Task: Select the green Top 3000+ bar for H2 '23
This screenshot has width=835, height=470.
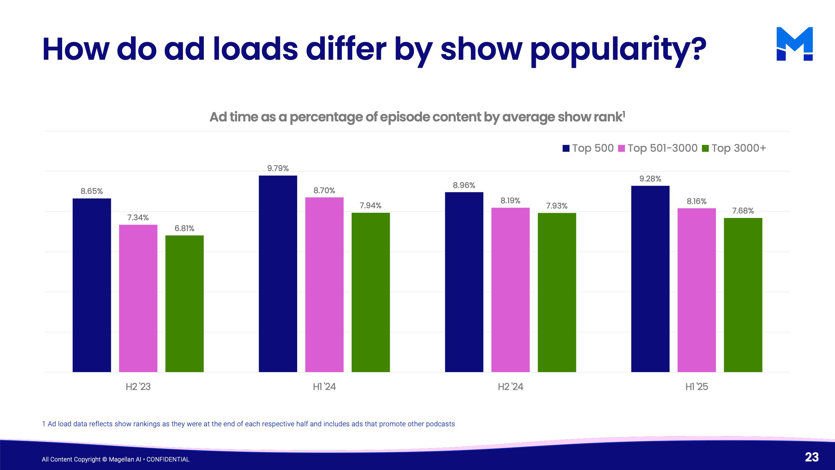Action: [184, 304]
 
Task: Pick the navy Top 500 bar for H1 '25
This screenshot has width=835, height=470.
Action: [650, 279]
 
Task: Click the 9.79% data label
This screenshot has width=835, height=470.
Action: [278, 168]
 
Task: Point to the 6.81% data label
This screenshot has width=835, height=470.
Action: [184, 228]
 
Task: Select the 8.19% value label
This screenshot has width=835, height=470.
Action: [510, 201]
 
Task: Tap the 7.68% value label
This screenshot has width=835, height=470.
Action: [743, 211]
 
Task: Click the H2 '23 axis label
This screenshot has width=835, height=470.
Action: [138, 387]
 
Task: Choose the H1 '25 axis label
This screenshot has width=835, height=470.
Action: [696, 387]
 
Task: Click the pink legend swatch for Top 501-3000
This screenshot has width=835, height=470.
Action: [621, 149]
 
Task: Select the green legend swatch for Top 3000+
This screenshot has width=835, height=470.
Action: [705, 149]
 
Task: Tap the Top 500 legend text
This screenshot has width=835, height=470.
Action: [593, 148]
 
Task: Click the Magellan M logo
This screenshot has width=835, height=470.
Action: [795, 44]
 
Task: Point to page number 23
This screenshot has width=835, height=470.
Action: [812, 457]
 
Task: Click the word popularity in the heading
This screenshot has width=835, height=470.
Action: [618, 50]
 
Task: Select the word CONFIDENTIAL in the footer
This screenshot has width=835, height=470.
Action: [168, 459]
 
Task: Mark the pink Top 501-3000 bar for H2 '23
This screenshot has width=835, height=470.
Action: [138, 298]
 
